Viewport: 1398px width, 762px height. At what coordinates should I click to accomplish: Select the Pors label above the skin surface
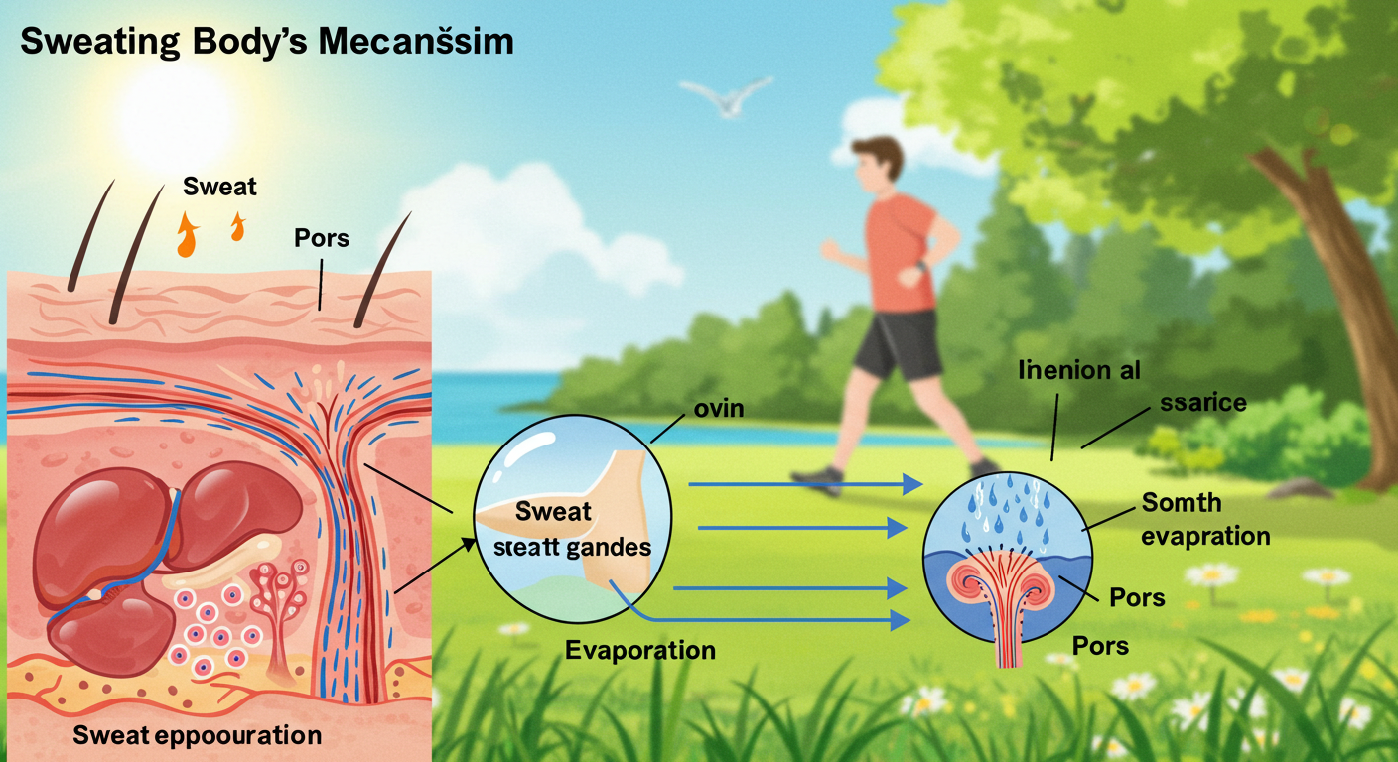[321, 239]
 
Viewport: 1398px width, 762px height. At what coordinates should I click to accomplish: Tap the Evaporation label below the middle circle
[640, 651]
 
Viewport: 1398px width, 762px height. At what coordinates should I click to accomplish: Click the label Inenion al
[1079, 370]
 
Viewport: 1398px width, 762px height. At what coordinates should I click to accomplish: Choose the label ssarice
[1202, 403]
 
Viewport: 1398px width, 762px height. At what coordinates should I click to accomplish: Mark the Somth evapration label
[1205, 519]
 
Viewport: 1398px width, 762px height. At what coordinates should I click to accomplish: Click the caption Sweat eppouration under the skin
[197, 736]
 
